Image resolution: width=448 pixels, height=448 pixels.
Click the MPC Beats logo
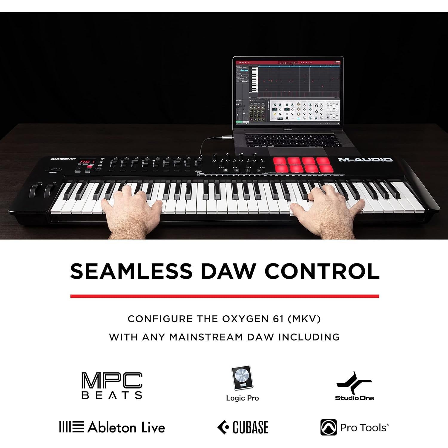[x=112, y=385]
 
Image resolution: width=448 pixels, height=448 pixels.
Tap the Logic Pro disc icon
[x=242, y=378]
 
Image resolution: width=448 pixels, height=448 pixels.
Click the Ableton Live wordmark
[x=126, y=427]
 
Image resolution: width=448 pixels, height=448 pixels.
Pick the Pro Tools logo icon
[x=328, y=427]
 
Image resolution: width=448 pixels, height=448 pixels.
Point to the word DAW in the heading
[x=228, y=271]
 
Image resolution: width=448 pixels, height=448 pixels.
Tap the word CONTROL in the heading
[x=322, y=271]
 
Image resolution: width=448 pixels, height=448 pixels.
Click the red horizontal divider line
[x=225, y=296]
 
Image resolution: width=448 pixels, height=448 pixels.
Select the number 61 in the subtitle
[x=278, y=319]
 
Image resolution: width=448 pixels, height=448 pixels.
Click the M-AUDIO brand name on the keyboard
[x=365, y=160]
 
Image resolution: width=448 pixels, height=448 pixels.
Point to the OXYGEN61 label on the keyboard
[x=63, y=159]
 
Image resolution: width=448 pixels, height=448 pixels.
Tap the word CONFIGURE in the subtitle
[x=160, y=319]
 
